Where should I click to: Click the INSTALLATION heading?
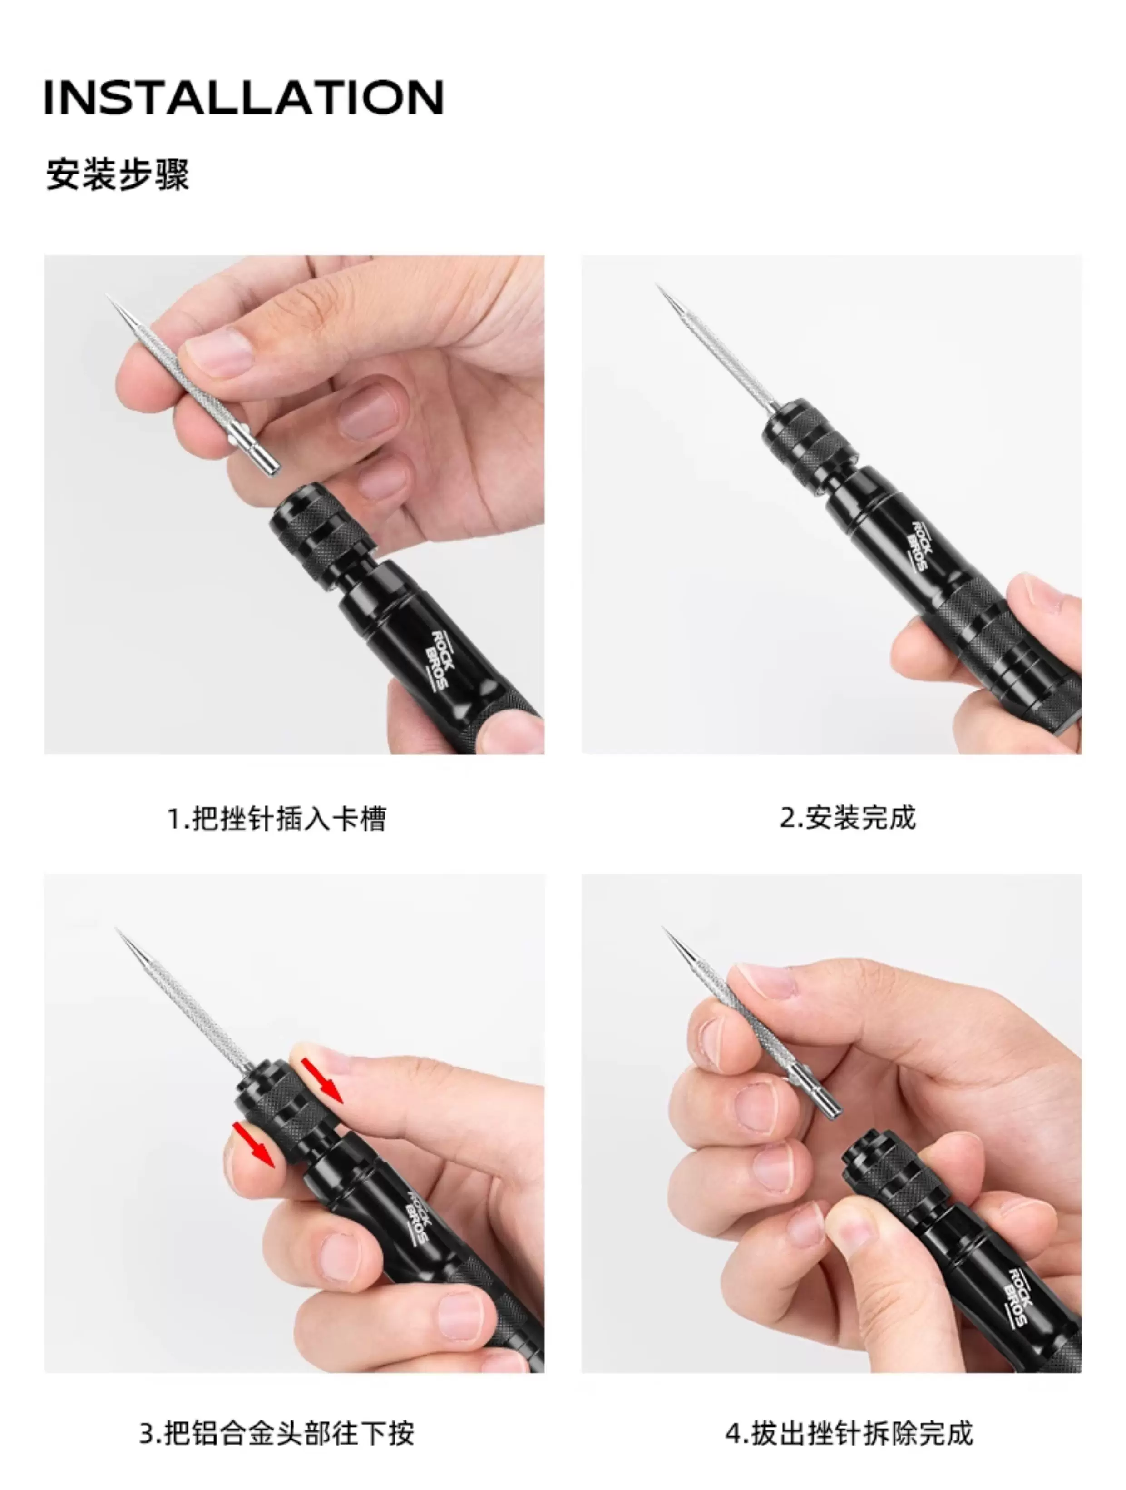[244, 97]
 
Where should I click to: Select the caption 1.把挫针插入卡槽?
[276, 819]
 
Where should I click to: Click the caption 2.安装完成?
[848, 818]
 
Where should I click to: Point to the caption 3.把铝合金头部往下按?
[276, 1433]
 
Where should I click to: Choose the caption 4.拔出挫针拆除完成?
[849, 1433]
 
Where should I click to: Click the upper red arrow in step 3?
[321, 1080]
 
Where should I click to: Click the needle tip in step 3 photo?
[117, 929]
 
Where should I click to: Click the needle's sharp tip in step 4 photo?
[664, 928]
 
